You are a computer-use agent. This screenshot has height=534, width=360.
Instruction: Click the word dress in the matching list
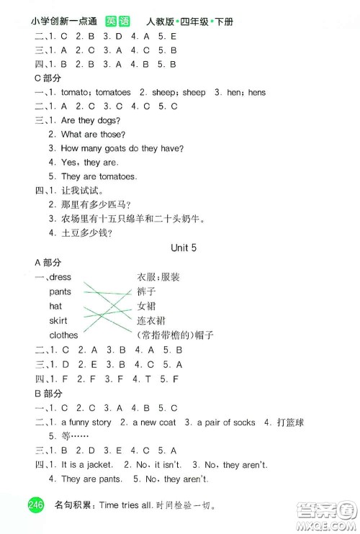60,277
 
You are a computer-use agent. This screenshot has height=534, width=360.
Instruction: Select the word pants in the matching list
60,291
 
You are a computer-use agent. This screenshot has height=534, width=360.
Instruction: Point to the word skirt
58,321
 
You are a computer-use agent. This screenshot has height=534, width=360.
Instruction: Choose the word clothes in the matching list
64,335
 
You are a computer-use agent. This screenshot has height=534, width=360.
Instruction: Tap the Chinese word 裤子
145,291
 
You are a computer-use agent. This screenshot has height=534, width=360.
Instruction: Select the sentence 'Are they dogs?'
91,119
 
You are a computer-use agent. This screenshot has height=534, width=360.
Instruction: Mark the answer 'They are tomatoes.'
99,176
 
